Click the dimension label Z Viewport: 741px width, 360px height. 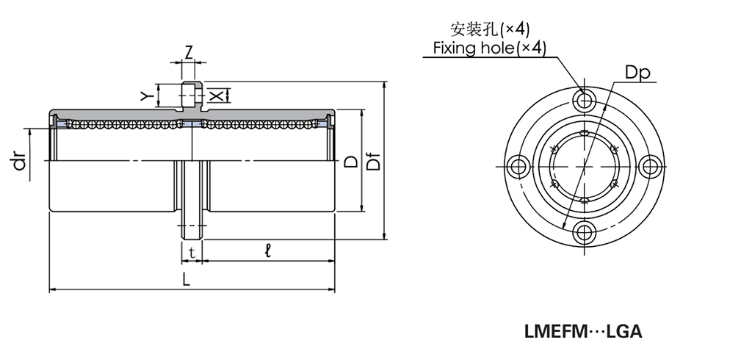[189, 52]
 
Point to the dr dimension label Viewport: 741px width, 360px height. [21, 160]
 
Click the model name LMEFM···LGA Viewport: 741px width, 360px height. [583, 331]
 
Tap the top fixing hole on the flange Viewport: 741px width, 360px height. [585, 100]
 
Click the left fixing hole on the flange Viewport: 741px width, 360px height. [518, 166]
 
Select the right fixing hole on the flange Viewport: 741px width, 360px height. [651, 166]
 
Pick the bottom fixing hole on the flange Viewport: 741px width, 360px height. [585, 232]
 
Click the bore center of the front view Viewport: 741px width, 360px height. [585, 166]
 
